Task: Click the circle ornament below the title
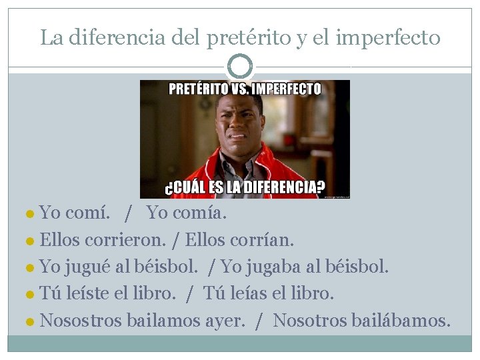tap(240, 67)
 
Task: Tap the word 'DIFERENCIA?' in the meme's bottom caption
tap(286, 187)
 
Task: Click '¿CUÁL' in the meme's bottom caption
tap(185, 187)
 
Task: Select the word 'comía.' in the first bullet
tap(199, 213)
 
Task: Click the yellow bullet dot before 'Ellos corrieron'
tap(31, 241)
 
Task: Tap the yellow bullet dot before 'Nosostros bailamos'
tap(31, 321)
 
